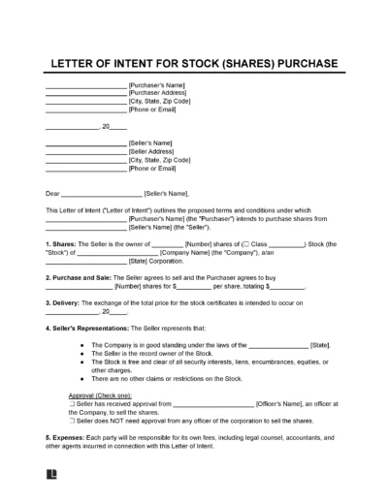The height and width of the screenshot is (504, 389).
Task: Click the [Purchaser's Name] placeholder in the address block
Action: (160, 84)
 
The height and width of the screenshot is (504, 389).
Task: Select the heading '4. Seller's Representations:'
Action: (95, 326)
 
